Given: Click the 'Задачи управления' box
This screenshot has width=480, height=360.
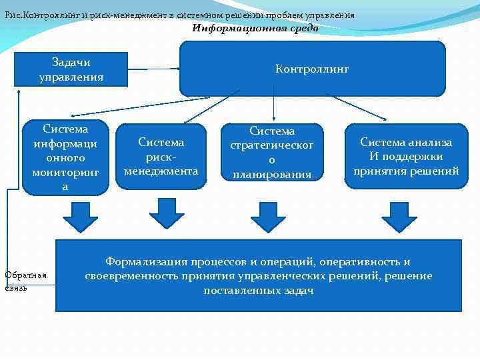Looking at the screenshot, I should coord(71,69).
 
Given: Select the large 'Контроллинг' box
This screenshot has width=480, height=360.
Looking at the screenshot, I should coord(312,69).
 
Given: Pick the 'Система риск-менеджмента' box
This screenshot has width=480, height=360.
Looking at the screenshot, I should coord(161,157).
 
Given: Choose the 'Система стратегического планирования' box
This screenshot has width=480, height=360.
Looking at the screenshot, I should coord(271,153).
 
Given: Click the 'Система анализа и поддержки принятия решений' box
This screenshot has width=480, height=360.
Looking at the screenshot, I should coord(406,157).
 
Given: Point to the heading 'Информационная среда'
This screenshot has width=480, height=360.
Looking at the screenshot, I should coord(255,28).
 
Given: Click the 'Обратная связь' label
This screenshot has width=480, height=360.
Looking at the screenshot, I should coord(25,281).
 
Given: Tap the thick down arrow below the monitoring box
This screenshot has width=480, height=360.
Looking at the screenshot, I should coord(80,215).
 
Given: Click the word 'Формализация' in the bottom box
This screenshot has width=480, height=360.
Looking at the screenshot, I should coord(147,261).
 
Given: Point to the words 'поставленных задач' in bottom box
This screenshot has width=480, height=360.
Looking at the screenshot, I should coord(259,291).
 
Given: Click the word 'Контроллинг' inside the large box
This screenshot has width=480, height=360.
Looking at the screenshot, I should coord(312,69).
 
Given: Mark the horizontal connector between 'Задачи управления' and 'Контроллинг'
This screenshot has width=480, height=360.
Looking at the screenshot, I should coord(153,69).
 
